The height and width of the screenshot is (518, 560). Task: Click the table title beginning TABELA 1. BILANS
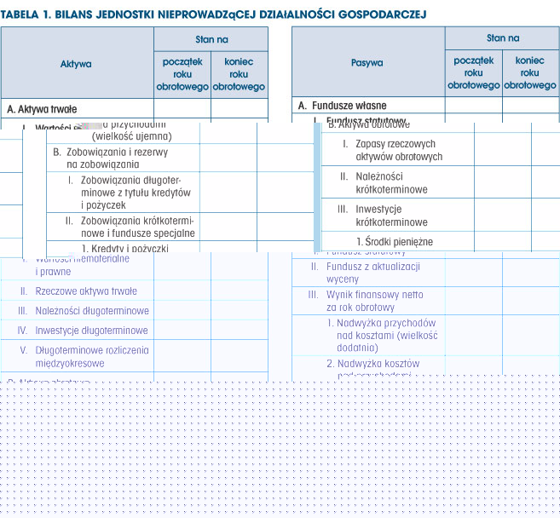coord(213,14)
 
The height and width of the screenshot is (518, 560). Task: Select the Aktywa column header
coord(76,63)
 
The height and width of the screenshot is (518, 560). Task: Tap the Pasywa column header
coord(367,62)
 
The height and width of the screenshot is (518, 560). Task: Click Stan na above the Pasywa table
coord(502,37)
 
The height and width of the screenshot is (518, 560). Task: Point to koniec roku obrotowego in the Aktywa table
coord(239,74)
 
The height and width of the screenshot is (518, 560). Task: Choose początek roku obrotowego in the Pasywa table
coord(473,73)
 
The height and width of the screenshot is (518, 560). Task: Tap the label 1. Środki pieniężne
coord(394,242)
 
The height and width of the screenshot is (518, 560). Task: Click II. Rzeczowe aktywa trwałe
coord(85,291)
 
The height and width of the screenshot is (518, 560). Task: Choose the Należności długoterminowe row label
coord(91,311)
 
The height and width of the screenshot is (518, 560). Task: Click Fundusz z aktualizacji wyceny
coord(372,273)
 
